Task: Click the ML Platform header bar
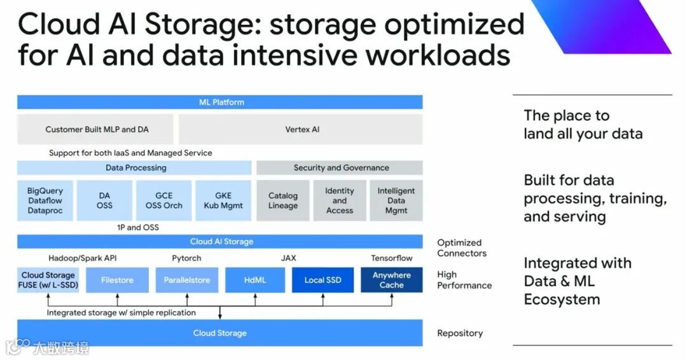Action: point(219,102)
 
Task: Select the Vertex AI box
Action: point(302,130)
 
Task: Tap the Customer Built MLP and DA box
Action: point(97,130)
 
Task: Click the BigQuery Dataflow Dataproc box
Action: point(45,200)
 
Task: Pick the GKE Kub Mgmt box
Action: point(223,200)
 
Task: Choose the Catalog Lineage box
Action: point(282,200)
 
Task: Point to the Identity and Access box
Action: point(339,200)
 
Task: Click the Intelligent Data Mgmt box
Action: point(396,200)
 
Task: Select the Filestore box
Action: point(116,280)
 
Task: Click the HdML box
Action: point(254,280)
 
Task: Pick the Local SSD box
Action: point(323,280)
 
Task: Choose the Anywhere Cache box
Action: point(391,280)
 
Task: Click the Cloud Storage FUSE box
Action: point(48,280)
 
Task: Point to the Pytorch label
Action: point(186,258)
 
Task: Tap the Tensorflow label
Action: point(391,258)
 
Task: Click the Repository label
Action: point(460,333)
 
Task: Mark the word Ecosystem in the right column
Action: point(562,300)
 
